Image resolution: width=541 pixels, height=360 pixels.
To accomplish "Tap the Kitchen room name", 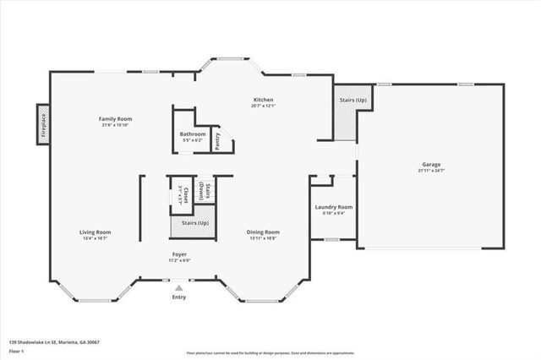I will click(263, 100).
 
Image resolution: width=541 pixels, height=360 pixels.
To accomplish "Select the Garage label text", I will click(431, 164).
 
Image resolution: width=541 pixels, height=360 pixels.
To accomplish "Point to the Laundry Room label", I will click(333, 206).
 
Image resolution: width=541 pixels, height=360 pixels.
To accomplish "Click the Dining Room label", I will click(263, 232).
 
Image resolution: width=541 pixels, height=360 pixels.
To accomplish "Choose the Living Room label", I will click(95, 232).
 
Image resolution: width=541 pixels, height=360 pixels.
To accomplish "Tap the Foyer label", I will click(178, 254).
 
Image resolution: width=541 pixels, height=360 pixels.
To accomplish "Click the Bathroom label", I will click(193, 134).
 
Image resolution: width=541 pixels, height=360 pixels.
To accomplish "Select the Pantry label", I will click(217, 140).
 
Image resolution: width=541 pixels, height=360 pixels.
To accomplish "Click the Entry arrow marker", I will click(178, 288).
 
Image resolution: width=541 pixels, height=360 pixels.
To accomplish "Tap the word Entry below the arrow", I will click(178, 297).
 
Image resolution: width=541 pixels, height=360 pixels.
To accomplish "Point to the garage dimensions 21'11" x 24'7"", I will click(431, 171).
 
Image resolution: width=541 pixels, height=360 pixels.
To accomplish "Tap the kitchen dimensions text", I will click(263, 106).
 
